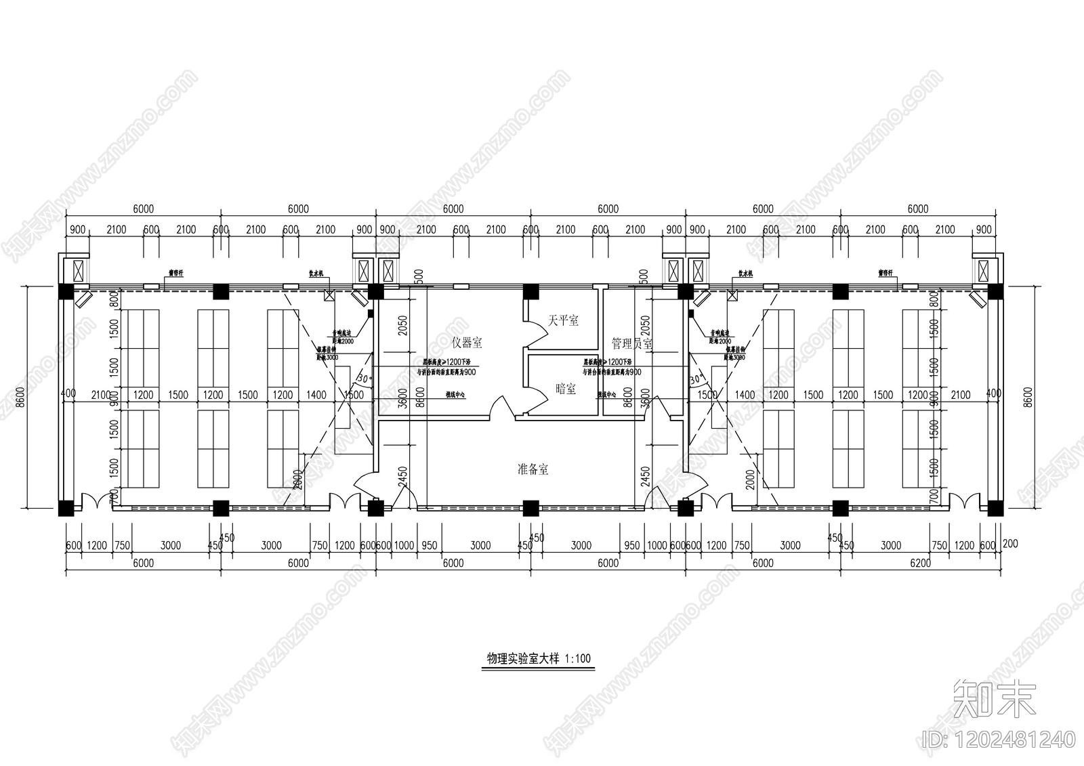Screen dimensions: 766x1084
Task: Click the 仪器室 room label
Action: pos(467,343)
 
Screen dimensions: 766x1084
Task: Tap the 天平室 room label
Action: pos(563,320)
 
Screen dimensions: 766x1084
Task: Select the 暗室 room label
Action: pos(565,389)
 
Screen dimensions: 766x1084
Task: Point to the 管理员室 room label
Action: pos(631,343)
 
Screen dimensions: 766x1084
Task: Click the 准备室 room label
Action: pos(533,469)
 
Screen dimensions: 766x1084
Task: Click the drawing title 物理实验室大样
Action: pos(522,658)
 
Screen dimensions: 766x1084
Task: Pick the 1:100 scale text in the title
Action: pos(576,658)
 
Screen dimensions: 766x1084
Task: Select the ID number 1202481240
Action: pos(999,739)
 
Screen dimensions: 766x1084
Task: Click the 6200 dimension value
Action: pos(919,563)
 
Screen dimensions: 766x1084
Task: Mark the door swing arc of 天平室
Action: pos(537,333)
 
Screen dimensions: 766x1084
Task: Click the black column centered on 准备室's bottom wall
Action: pos(530,508)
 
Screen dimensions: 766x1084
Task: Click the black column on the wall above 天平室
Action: pos(530,291)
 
